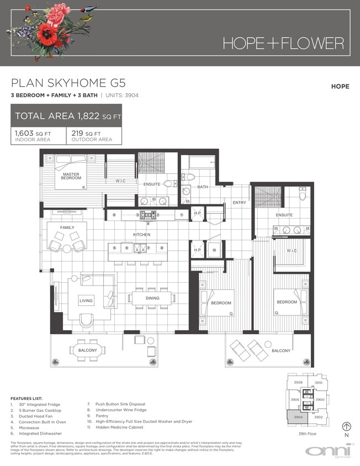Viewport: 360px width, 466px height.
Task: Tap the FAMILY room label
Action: (68, 227)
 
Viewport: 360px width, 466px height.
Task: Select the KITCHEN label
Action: (141, 235)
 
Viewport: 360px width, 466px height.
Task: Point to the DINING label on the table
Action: (152, 298)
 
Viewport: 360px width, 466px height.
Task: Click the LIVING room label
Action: (86, 300)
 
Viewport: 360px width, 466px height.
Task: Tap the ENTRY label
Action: (239, 203)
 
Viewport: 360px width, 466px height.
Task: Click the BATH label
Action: (203, 187)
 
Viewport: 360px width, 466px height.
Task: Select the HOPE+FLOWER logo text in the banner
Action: (283, 43)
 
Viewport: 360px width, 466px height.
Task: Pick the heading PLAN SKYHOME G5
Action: (68, 83)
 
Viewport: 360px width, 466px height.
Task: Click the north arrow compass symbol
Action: (346, 426)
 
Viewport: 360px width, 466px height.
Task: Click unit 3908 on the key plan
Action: (298, 382)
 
